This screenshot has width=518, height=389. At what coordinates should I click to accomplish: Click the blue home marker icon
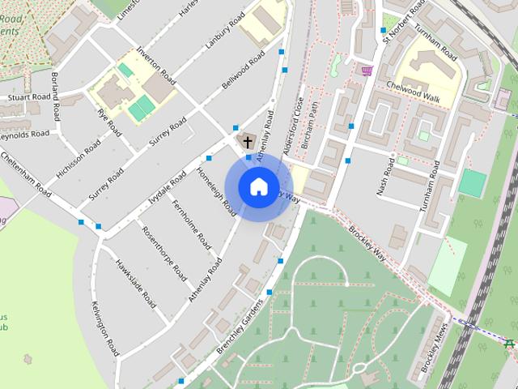258,186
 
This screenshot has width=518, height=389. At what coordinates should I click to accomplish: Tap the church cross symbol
246,141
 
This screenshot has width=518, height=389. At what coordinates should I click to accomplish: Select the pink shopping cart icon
367,71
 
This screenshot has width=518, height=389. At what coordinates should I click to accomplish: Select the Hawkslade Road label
135,283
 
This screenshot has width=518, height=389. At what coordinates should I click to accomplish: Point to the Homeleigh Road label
217,192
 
